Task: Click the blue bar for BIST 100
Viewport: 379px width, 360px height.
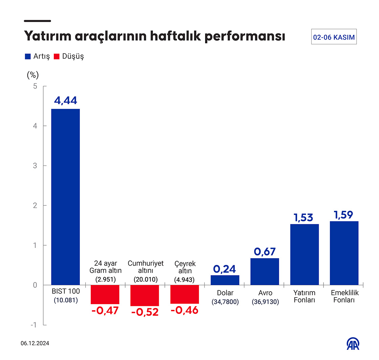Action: (65, 197)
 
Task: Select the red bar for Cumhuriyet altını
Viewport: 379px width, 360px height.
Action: (144, 295)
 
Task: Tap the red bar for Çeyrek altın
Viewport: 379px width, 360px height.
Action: (184, 294)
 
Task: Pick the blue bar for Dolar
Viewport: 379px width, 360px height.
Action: (225, 280)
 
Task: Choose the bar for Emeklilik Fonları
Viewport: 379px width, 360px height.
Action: (344, 253)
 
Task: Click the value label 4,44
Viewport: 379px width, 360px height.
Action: (66, 100)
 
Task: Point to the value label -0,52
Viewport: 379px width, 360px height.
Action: (145, 312)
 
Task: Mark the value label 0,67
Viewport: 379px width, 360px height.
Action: (265, 252)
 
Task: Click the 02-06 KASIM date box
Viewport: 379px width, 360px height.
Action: (334, 37)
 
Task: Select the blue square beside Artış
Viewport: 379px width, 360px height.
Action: (28, 57)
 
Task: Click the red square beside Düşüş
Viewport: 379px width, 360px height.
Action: (57, 57)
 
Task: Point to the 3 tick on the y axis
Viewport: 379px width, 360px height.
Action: (35, 165)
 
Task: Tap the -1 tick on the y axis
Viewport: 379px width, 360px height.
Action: (34, 325)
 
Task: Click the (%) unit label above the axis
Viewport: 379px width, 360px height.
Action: (33, 75)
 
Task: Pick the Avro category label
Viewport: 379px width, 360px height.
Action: (265, 293)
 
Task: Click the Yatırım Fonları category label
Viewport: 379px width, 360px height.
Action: (304, 296)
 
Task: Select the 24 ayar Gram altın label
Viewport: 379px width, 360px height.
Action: (105, 267)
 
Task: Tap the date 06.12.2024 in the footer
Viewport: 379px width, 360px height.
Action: (35, 343)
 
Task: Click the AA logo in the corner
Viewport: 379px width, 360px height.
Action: (354, 344)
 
